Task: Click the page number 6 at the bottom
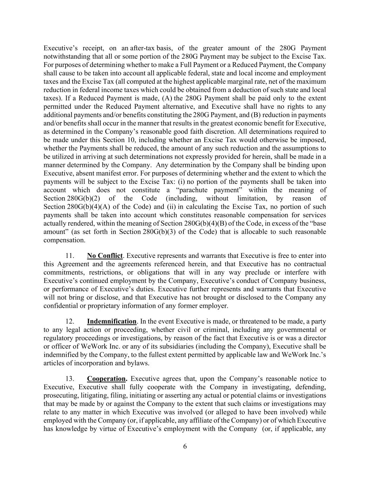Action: (185, 446)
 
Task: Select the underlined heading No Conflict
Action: (105, 256)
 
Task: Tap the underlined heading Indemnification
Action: (112, 321)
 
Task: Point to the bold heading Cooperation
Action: (107, 379)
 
